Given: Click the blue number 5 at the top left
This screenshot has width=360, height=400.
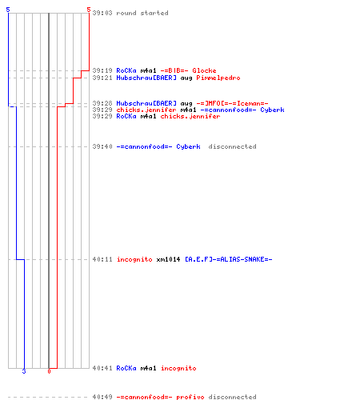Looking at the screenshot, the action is tap(8, 10).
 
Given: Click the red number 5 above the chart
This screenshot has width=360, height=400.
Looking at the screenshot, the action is tap(89, 10).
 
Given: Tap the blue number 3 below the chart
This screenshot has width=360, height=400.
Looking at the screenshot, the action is tap(24, 371).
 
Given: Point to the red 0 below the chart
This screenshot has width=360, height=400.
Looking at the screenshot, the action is tap(49, 371).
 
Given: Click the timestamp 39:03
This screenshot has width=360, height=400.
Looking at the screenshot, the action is tap(102, 13).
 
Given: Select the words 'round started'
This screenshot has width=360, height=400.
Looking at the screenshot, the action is tap(142, 13).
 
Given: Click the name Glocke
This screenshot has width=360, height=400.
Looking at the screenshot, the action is tap(204, 70).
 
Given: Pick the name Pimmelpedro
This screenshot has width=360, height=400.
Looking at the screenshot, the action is tap(218, 78).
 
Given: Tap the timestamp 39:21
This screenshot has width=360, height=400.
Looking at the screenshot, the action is tap(102, 78).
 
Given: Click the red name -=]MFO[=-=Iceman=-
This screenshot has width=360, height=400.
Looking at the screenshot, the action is tap(232, 103).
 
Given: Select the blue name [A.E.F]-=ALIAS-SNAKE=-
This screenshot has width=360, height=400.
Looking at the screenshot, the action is tap(229, 259).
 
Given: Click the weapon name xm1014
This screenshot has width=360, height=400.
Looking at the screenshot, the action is tap(168, 259).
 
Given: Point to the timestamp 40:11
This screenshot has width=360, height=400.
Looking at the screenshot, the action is tap(102, 259).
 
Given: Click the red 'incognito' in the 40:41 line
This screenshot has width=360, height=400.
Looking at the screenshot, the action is tap(178, 368).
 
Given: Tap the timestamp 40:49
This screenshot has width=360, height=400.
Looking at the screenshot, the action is tap(102, 397).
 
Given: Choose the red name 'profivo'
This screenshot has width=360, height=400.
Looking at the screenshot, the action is tap(190, 397).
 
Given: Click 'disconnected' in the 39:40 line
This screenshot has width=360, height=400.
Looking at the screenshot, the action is tap(232, 146).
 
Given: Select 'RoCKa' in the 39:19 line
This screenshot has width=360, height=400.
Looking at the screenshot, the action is tap(126, 70).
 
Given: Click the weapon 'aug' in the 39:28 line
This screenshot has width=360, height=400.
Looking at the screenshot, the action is tap(186, 104).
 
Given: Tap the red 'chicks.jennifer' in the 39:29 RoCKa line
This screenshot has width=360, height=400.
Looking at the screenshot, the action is tap(190, 116).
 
